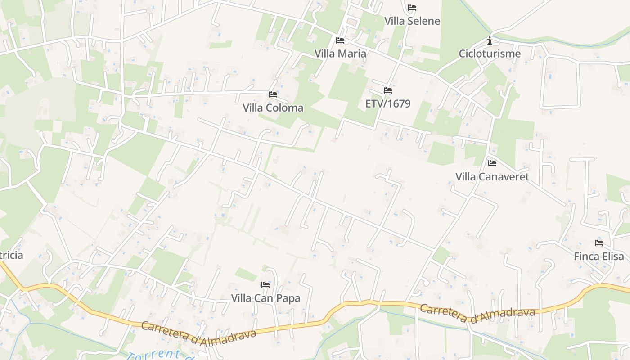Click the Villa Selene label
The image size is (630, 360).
coord(412,21)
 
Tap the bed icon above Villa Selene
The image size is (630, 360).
coord(412,8)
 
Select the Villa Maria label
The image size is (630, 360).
coord(340,54)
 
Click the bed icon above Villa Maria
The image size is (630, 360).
coord(340,40)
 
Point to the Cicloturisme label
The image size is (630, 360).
coord(490,54)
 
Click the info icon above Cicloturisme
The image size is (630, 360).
coord(490,41)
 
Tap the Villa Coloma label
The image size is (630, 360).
coord(273,108)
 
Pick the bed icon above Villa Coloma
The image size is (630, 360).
coord(273,94)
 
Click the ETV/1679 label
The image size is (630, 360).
coord(388,104)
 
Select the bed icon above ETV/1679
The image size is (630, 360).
coord(388,90)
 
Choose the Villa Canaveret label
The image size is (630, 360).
coord(492,176)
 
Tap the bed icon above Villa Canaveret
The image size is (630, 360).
coord(492,163)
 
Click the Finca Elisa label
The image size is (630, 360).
coord(599,256)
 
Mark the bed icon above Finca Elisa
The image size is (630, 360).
coord(599,243)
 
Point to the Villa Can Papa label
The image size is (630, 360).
coord(265,298)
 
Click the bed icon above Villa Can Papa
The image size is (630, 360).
coord(265,285)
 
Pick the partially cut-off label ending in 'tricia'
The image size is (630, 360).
coord(11,255)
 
